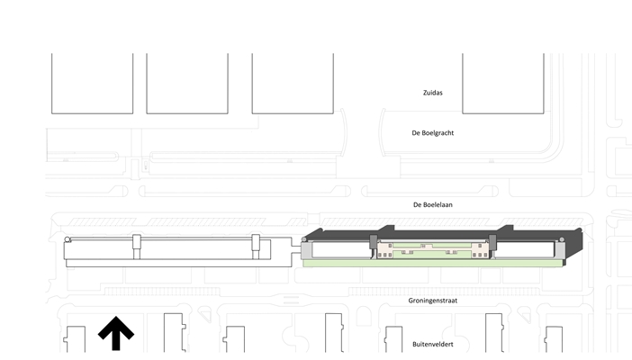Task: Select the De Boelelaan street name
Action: tap(432, 205)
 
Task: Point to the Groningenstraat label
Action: tap(432, 301)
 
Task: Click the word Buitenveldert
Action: tap(432, 343)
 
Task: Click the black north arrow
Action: tap(115, 333)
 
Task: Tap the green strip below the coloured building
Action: tap(432, 264)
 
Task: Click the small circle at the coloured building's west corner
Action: tap(308, 241)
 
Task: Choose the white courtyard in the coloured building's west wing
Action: tap(339, 249)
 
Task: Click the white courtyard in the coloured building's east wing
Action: tap(527, 249)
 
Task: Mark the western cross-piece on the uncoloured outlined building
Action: tap(137, 247)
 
